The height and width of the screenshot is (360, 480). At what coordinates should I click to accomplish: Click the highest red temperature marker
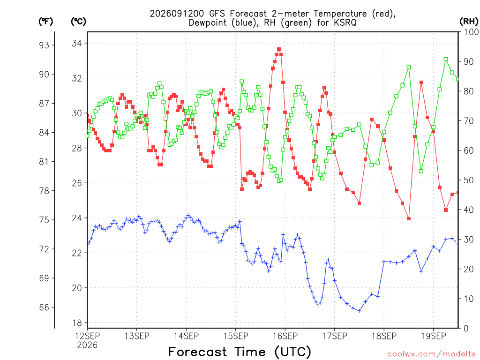279,49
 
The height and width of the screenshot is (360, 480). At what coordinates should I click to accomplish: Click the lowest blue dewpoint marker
360,311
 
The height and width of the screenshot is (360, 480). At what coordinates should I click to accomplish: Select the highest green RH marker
446,60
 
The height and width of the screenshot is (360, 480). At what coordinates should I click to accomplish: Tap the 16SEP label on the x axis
285,336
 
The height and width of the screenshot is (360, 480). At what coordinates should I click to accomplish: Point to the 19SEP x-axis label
434,336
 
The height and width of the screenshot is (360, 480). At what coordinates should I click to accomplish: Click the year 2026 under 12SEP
87,345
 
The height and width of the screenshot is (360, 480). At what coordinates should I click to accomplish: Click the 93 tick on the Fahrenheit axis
44,45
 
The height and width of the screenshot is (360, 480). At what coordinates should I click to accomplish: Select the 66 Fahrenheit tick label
44,307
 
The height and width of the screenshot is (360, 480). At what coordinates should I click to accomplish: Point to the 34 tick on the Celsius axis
77,44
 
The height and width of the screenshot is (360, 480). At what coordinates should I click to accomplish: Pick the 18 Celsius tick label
77,323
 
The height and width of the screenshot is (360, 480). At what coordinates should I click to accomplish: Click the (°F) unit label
45,22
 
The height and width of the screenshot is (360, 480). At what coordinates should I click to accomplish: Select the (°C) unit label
78,22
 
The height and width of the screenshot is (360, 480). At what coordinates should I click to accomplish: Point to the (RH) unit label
469,22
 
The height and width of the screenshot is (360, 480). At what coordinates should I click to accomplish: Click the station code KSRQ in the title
345,23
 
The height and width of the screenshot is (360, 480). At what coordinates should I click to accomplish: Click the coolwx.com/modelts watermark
431,354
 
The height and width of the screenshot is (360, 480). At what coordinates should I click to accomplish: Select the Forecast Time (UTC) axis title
240,352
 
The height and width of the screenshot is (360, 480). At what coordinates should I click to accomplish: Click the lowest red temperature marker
409,218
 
